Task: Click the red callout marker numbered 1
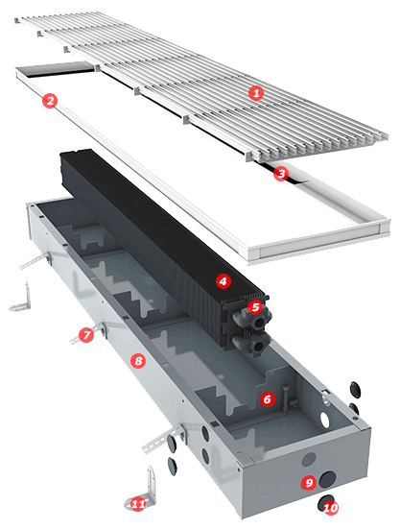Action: [256, 92]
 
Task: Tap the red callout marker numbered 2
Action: [50, 101]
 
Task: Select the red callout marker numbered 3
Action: [281, 174]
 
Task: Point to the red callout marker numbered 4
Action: [223, 281]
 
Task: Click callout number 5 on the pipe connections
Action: [255, 307]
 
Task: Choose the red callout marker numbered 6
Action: [267, 399]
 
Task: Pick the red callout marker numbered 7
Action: [86, 335]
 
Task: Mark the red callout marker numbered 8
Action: [138, 361]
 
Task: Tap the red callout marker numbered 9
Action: [309, 482]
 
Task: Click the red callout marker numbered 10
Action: [331, 507]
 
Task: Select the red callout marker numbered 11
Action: [138, 504]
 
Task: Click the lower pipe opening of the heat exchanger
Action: [259, 346]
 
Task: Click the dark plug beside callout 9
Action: [327, 480]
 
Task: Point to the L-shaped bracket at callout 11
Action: [148, 489]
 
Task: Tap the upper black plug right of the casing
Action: [355, 390]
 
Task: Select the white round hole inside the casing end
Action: [325, 419]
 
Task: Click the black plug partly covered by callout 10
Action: [324, 502]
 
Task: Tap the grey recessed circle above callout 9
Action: [309, 459]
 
